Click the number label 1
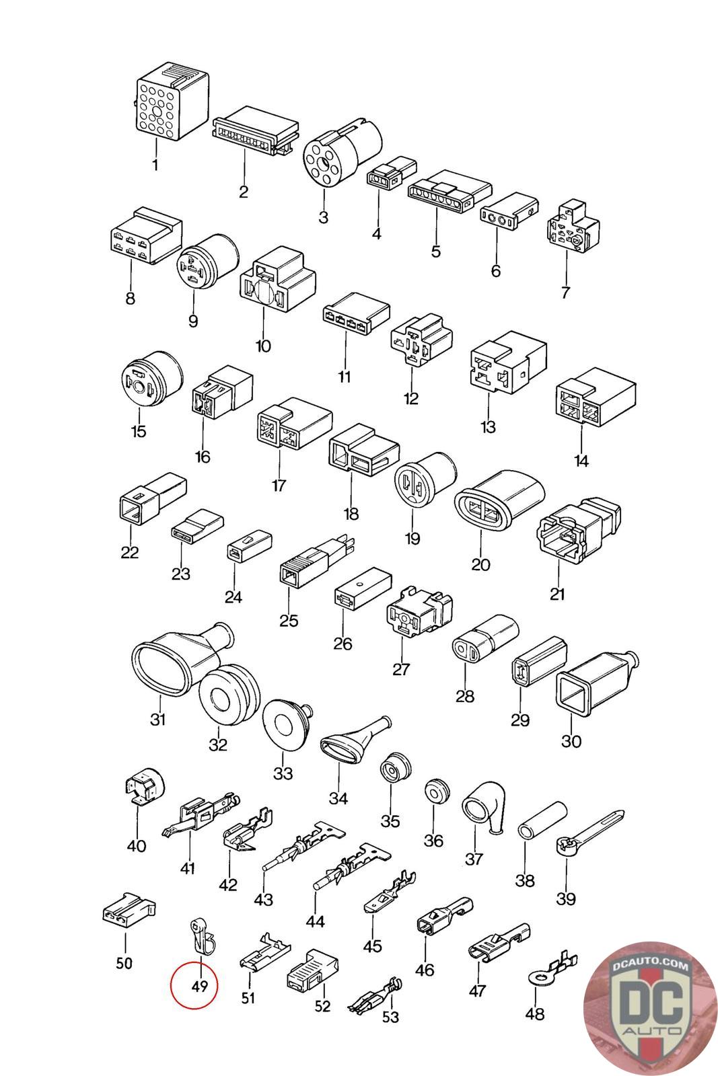(155, 164)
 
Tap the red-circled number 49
(198, 986)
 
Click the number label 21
(557, 594)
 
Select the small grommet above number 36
(437, 792)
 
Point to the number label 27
(401, 670)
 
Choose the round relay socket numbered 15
(150, 381)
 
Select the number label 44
(315, 921)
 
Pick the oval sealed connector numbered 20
(499, 505)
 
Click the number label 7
(565, 293)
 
